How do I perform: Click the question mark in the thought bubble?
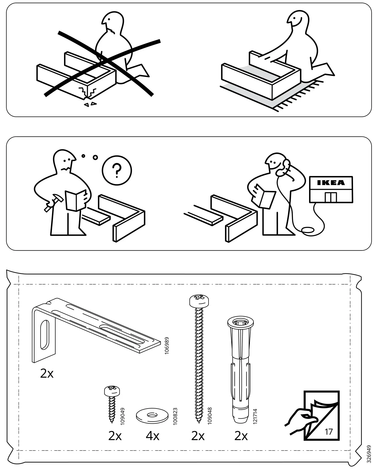(117, 170)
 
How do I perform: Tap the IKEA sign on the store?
(331, 183)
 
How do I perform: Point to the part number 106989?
(167, 346)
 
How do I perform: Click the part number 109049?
(122, 417)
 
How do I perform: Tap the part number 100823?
(175, 417)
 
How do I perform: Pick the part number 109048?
(210, 416)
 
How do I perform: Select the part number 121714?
(255, 416)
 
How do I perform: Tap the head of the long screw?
(199, 301)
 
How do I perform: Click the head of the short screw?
(112, 391)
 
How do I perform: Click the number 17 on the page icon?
(328, 432)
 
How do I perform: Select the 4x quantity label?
(152, 436)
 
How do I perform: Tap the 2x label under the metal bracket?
(47, 374)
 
